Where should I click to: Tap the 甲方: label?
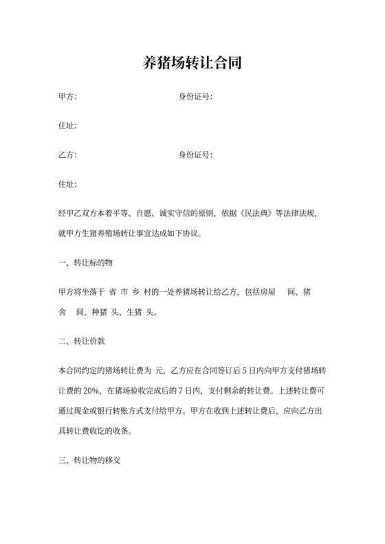coord(68,96)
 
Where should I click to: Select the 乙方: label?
coord(68,155)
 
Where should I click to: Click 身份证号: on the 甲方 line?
coord(196,96)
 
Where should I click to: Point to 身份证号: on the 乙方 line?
coord(196,155)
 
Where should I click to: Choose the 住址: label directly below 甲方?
coord(68,126)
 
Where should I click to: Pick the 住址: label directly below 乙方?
coord(68,184)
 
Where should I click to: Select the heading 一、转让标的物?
coord(85,262)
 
